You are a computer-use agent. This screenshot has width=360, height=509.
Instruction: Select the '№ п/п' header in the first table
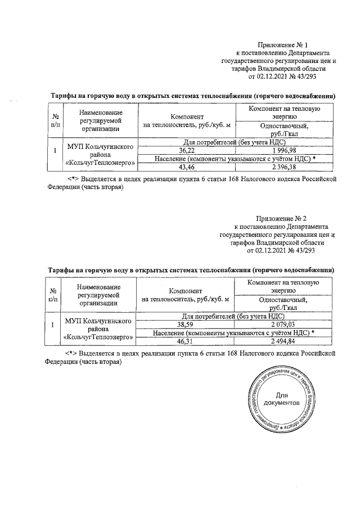55,120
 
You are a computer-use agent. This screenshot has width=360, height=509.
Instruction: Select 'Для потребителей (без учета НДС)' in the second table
234,317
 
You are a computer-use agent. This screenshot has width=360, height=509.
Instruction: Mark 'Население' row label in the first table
234,159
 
